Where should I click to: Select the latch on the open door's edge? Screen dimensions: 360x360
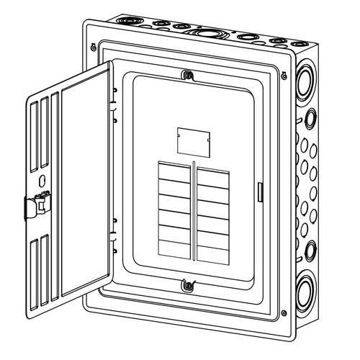(x=36, y=204)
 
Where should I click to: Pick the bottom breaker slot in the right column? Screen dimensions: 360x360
(x=214, y=253)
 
